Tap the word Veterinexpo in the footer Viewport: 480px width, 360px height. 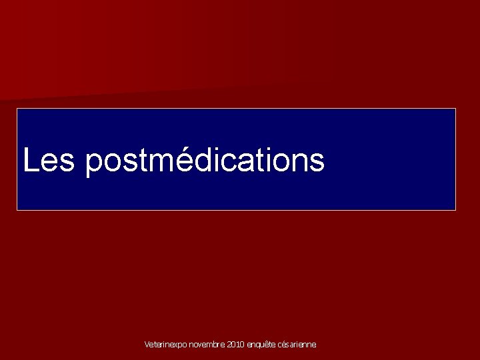point(165,345)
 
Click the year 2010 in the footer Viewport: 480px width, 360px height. point(236,345)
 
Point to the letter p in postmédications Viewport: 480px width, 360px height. point(94,164)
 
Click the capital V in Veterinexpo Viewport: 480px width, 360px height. point(147,345)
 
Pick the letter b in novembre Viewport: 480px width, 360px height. point(217,345)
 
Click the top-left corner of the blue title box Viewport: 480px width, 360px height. point(17,109)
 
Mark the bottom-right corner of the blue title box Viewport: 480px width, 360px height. point(455,210)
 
